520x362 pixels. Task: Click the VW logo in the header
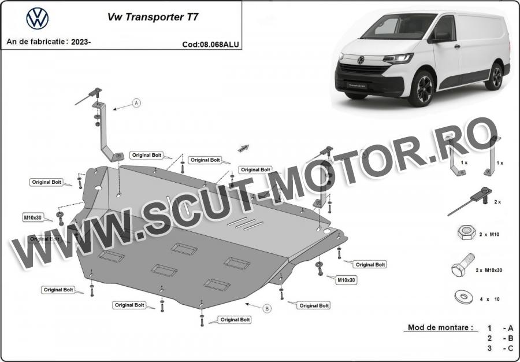coord(38,19)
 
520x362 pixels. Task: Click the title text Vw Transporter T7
coord(153,17)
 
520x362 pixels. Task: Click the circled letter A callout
coord(137,103)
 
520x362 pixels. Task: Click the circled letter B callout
coord(267,308)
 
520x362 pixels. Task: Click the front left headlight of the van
coord(398,58)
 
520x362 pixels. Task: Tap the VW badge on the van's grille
coord(361,60)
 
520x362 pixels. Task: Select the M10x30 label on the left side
coord(33,217)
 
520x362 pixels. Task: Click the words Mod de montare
coord(441,327)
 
